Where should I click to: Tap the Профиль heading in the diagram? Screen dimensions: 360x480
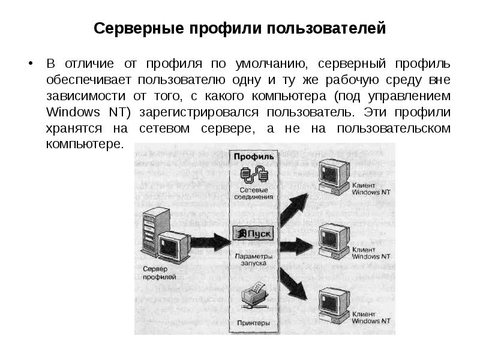click(x=254, y=157)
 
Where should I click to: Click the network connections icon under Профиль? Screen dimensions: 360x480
click(x=253, y=174)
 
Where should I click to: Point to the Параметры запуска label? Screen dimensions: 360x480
click(x=254, y=259)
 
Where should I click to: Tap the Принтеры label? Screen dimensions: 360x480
click(x=254, y=323)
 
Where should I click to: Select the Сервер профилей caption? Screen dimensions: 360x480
click(x=159, y=273)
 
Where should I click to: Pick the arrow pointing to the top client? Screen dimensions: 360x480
click(x=293, y=208)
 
